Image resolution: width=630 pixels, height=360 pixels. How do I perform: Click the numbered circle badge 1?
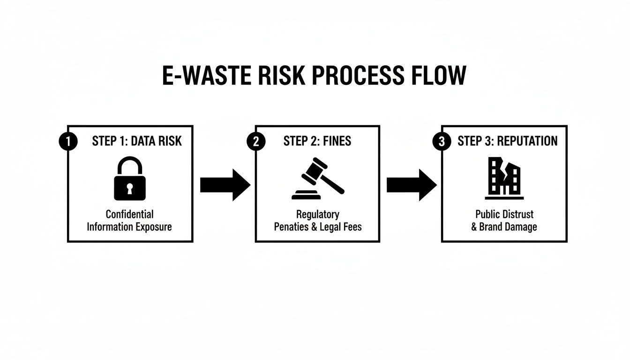pos(68,142)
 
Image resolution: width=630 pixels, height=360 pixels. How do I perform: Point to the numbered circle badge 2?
pos(255,142)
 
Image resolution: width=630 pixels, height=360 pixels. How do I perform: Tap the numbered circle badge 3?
pos(441,142)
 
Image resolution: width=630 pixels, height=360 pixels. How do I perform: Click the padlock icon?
pos(130,179)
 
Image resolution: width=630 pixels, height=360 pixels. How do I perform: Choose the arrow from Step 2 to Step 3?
pos(411,185)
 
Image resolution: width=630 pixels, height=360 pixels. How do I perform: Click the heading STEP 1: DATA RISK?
pos(136,141)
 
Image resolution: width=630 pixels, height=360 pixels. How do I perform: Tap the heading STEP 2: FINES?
pos(317,141)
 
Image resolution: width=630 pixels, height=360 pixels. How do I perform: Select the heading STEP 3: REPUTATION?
pos(508,141)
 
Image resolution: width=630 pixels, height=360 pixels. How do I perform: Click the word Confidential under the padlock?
pos(129,214)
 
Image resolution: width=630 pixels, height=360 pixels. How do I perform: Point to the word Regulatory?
pos(317,214)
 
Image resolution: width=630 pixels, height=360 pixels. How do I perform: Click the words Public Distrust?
pos(504,214)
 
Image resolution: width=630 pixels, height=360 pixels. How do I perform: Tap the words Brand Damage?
pos(508,227)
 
